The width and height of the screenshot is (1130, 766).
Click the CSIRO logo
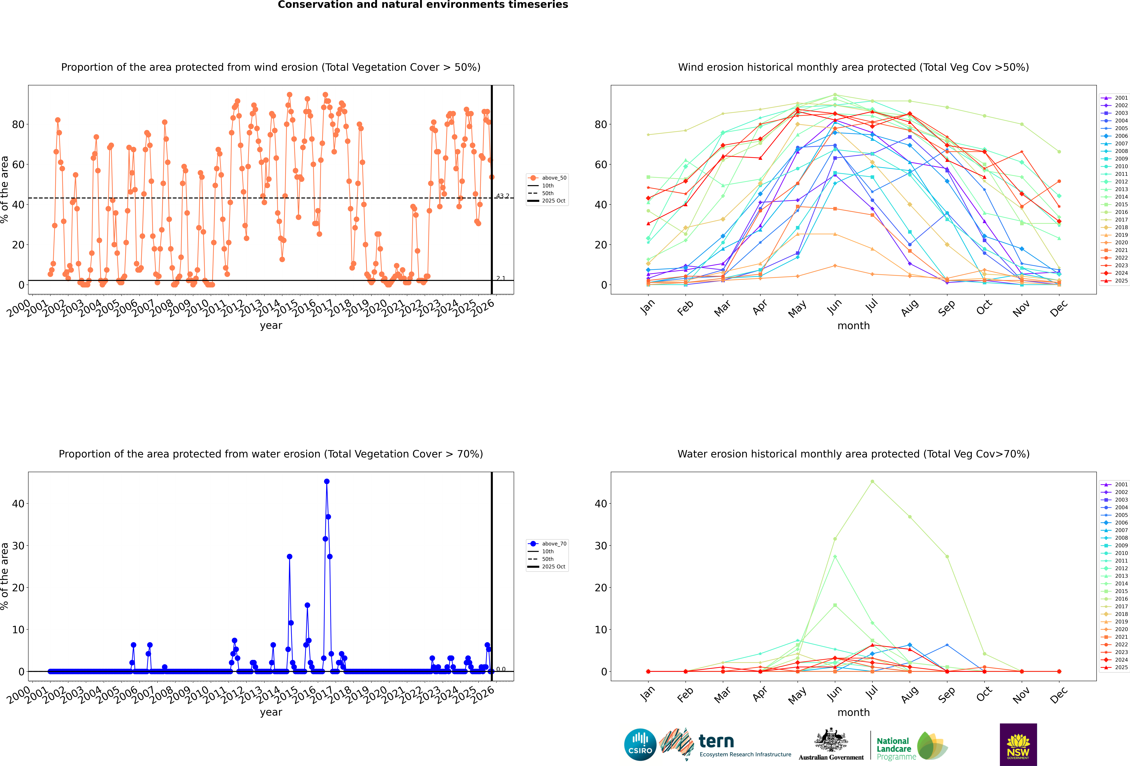point(640,745)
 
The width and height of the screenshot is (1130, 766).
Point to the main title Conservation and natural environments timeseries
point(423,5)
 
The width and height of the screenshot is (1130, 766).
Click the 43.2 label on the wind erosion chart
point(502,196)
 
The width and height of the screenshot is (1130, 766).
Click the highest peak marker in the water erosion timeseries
point(327,481)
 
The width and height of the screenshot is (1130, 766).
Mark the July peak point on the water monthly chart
point(872,481)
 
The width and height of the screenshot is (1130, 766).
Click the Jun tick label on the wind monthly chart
point(834,307)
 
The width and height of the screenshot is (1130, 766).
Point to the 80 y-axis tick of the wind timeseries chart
point(18,125)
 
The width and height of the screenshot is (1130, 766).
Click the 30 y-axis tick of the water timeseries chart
point(18,546)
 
